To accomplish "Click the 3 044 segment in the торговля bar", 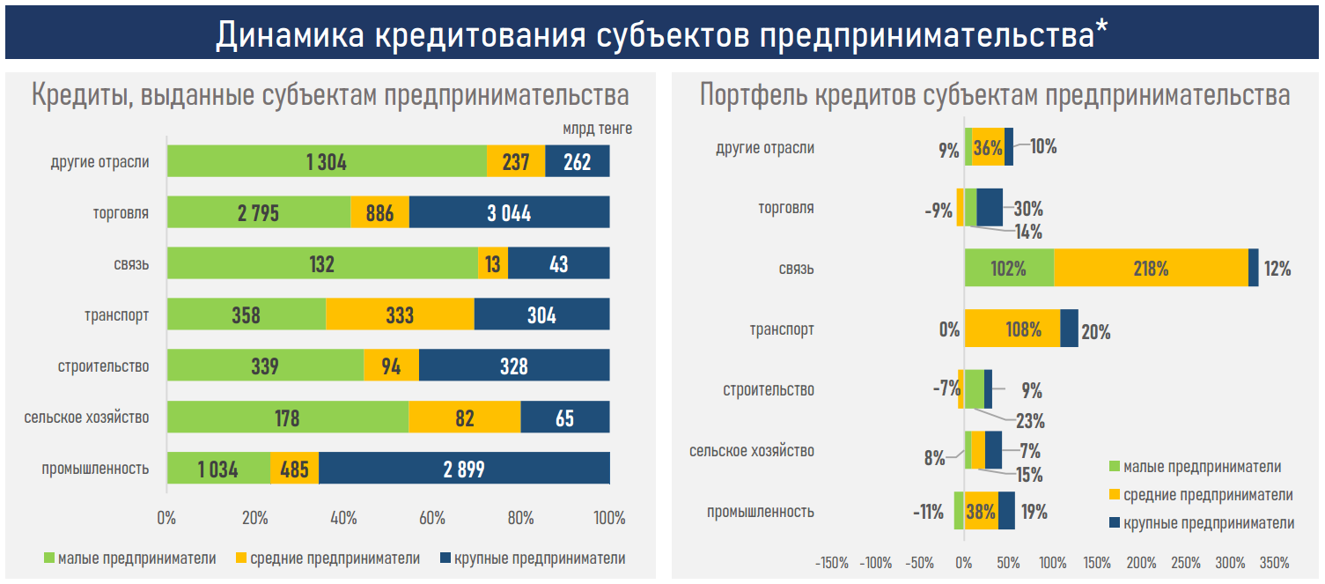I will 509,213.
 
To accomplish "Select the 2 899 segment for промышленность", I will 464,469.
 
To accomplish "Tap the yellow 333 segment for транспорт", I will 400,315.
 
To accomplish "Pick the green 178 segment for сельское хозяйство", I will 287,418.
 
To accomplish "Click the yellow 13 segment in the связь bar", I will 493,264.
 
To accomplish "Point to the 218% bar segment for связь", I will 1151,268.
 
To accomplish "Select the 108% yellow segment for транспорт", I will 1012,329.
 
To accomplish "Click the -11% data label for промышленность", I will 928,512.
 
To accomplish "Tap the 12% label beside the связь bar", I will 1277,270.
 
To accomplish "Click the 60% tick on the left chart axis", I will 432,519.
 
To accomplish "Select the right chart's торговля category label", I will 786,209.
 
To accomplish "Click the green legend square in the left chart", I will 49,558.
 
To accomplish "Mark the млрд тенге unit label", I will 598,129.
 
